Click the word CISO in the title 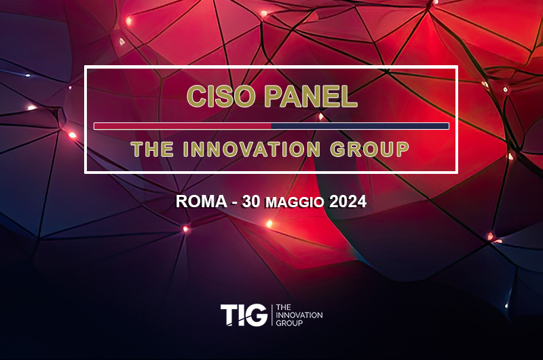click(221, 96)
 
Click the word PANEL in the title click(311, 96)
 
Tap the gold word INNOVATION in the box click(252, 149)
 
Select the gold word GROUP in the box click(369, 149)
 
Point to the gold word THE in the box click(152, 149)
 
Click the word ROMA click(201, 201)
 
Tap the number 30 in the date click(251, 201)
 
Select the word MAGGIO click(295, 202)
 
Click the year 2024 click(348, 201)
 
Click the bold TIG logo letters click(244, 314)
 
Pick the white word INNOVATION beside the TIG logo click(299, 315)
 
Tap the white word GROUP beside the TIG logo click(289, 323)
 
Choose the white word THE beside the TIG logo click(283, 307)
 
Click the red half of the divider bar click(183, 126)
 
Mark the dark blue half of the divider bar click(360, 126)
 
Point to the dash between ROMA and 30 click(234, 203)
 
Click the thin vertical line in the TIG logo click(272, 314)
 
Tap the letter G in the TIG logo click(257, 314)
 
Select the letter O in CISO click(243, 96)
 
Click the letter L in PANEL click(349, 96)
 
